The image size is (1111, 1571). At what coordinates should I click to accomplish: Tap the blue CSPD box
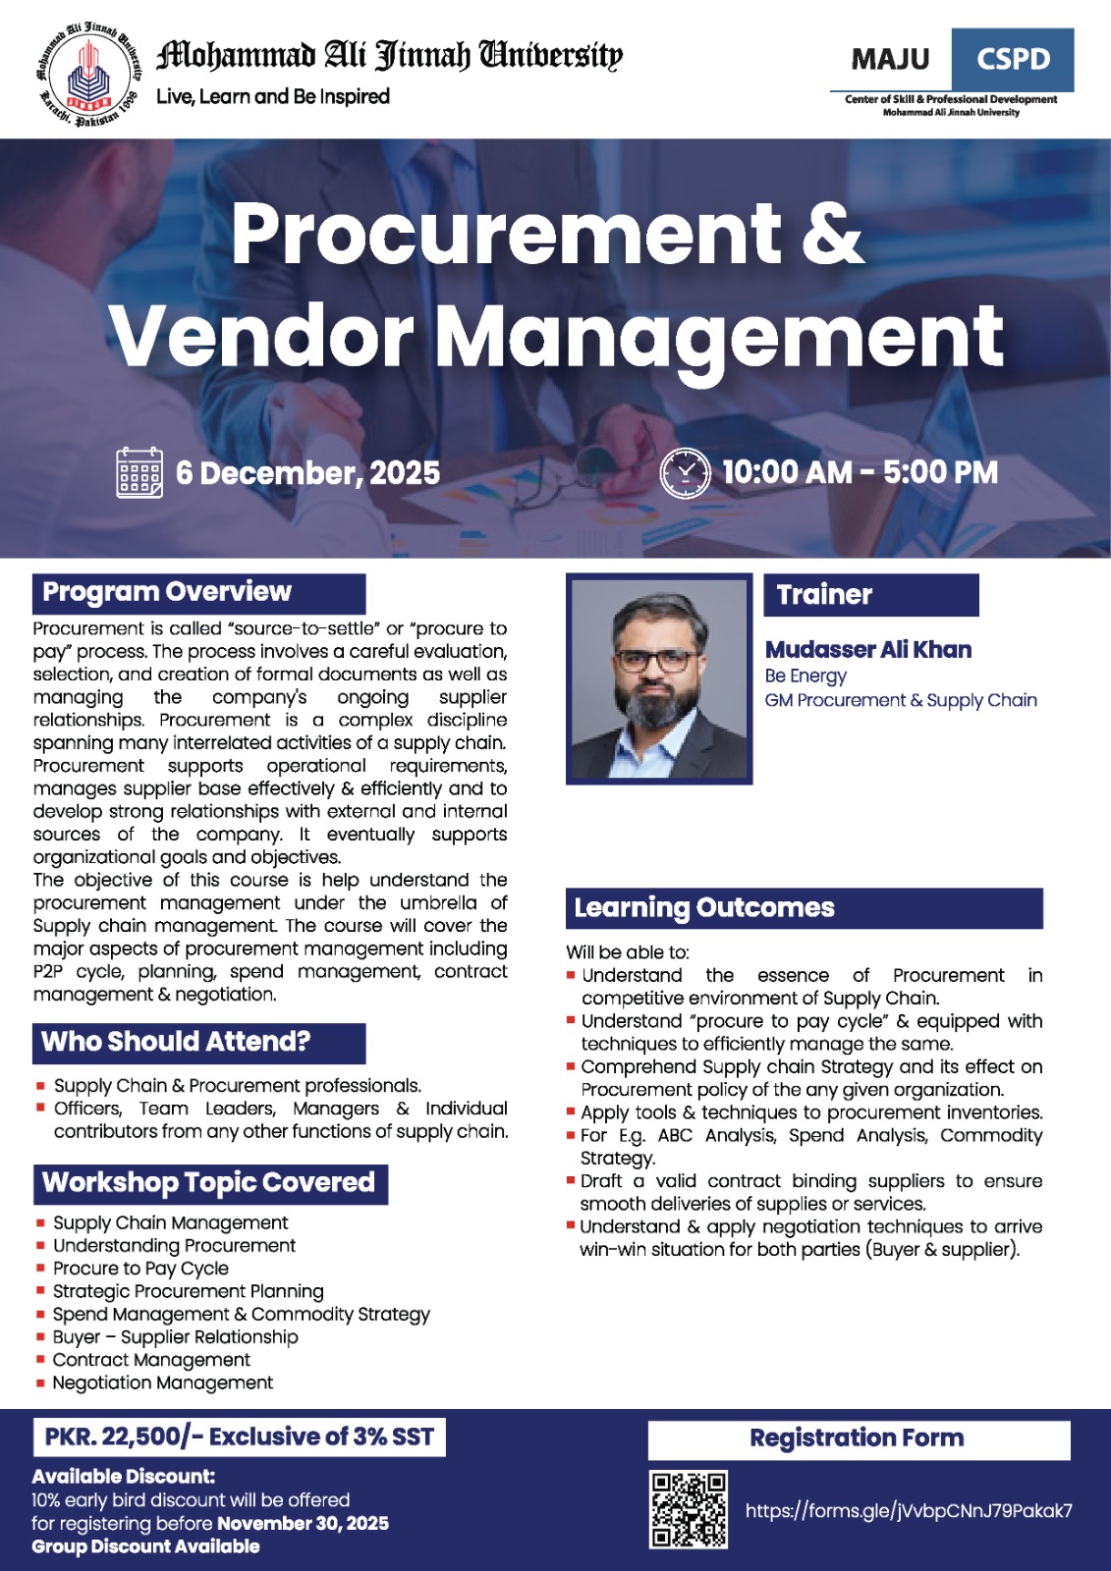point(1012,60)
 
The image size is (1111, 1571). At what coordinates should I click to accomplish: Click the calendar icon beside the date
point(139,472)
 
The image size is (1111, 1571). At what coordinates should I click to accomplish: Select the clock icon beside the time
point(684,472)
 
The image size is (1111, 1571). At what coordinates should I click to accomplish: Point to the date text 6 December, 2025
point(307,473)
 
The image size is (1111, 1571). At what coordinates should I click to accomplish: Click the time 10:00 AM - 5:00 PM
point(860,472)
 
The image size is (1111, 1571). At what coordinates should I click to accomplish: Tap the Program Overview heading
point(198,593)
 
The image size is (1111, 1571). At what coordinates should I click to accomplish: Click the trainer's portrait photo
point(658,679)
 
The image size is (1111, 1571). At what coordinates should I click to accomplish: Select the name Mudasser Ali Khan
point(868,650)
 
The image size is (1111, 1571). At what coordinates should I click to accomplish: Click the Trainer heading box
point(870,595)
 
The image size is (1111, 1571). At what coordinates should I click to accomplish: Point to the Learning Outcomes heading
point(804,908)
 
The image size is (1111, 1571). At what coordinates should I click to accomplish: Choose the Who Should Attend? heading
point(198,1042)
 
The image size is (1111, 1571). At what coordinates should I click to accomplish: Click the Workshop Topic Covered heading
point(210,1183)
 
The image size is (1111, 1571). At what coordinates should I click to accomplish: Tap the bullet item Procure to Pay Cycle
point(140,1269)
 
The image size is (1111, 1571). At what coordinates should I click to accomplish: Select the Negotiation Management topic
point(163,1382)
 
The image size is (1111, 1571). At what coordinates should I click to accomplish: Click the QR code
point(689,1509)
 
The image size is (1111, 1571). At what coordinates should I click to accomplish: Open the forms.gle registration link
point(909,1511)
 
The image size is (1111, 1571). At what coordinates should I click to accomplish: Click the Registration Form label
point(858,1438)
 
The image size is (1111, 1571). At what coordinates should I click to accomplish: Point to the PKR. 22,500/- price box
point(239,1436)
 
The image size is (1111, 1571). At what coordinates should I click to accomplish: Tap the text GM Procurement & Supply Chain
point(901,700)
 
